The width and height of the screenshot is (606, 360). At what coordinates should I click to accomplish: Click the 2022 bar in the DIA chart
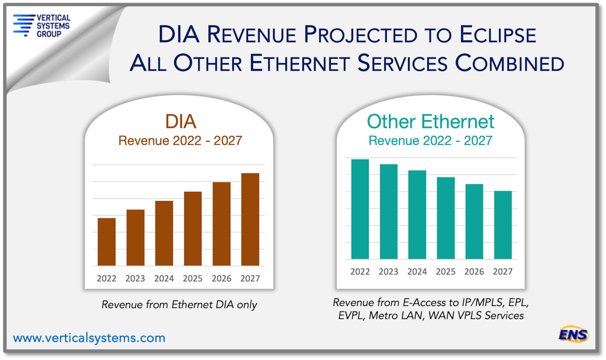point(107,242)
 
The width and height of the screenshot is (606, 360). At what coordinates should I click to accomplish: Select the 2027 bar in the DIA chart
point(250,220)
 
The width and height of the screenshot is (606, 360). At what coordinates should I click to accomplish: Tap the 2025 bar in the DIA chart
point(192,229)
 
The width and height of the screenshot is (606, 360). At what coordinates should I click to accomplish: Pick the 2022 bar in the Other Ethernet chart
point(360,210)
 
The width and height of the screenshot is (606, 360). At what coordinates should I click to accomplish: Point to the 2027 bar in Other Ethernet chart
point(503,225)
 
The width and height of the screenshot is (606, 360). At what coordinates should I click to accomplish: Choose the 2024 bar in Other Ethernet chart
point(417,215)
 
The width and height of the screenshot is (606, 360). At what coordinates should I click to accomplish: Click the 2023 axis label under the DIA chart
point(135,278)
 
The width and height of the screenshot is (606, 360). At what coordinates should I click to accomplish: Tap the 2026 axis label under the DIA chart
point(221,278)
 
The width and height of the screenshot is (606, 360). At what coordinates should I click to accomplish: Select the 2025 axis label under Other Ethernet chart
point(446,272)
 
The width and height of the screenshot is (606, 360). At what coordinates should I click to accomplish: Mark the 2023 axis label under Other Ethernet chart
point(388,272)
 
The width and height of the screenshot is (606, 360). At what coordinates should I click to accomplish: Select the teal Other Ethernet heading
point(430,121)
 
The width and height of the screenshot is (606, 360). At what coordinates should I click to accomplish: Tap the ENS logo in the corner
point(573,334)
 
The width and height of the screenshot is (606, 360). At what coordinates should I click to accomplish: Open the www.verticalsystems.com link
point(89,338)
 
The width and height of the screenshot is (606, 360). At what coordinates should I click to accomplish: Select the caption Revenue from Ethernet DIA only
point(179,304)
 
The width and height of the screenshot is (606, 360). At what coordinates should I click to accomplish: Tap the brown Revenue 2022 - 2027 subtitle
point(180,140)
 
